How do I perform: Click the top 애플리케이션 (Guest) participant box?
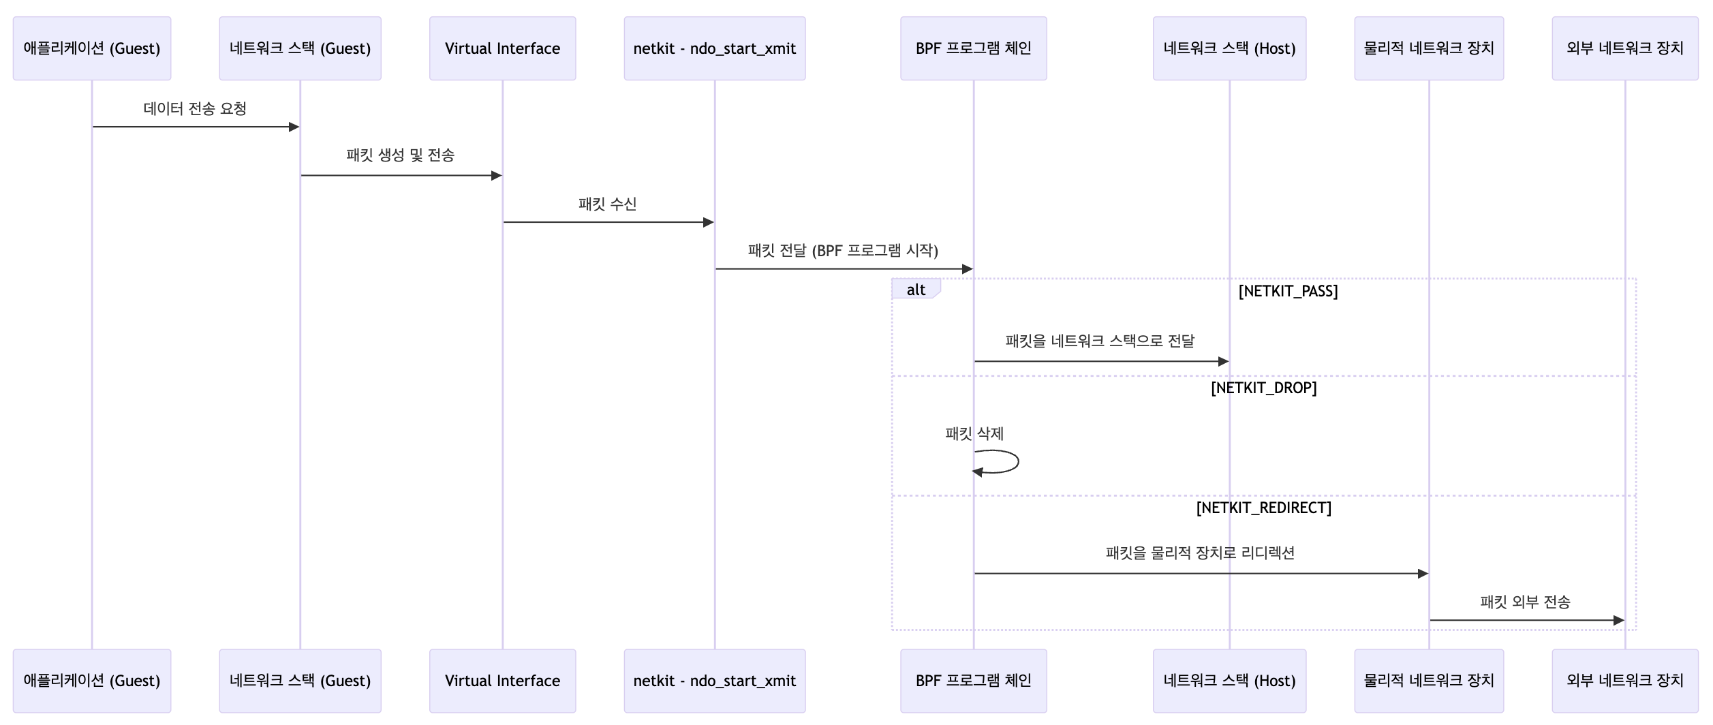[92, 48]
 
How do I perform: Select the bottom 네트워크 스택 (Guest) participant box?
[300, 681]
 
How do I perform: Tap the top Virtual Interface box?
[502, 48]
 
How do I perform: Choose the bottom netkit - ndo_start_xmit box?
[714, 681]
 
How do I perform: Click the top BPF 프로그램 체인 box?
[973, 48]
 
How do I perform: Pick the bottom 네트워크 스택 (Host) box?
[1229, 681]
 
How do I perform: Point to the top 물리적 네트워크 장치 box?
[1429, 48]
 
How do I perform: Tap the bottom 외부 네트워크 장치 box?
[1624, 681]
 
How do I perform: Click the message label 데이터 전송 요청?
[195, 109]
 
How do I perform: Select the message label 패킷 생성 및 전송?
[400, 155]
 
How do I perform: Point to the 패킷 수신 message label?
[607, 204]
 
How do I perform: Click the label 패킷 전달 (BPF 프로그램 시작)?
[843, 251]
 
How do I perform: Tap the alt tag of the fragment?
[916, 290]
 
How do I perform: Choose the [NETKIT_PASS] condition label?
[1288, 292]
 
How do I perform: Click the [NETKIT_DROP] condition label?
[1263, 388]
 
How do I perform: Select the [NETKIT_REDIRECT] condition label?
[1263, 508]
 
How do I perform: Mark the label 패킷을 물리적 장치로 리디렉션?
[1200, 553]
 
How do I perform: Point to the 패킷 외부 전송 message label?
[1525, 602]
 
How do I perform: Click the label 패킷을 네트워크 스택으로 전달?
[1100, 341]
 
